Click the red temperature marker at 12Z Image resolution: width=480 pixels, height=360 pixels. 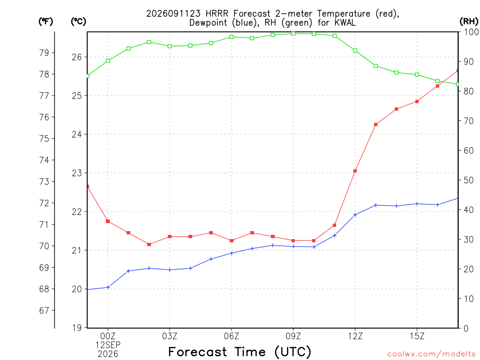pos(355,171)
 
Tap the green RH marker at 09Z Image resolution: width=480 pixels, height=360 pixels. pos(293,33)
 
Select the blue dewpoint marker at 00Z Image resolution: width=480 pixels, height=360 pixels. pos(108,287)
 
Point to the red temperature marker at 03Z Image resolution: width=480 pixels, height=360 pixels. pos(170,237)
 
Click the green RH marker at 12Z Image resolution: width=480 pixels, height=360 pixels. pos(355,51)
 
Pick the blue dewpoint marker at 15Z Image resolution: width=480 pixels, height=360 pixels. pos(417,204)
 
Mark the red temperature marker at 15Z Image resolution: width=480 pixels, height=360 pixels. pos(417,101)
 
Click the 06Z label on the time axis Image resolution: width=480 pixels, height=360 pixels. pos(232,336)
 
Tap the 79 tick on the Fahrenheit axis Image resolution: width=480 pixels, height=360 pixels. pos(44,52)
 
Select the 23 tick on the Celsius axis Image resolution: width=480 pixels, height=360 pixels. pos(77,173)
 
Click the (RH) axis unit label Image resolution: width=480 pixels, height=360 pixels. pos(469,22)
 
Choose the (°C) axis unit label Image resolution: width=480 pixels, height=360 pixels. pos(78,22)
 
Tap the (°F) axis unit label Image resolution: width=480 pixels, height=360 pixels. pos(45,22)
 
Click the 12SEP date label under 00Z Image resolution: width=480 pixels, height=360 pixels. pos(108,345)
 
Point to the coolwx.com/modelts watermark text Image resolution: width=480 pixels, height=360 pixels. pos(431,354)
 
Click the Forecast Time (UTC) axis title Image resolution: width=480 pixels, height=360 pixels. pos(240,352)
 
